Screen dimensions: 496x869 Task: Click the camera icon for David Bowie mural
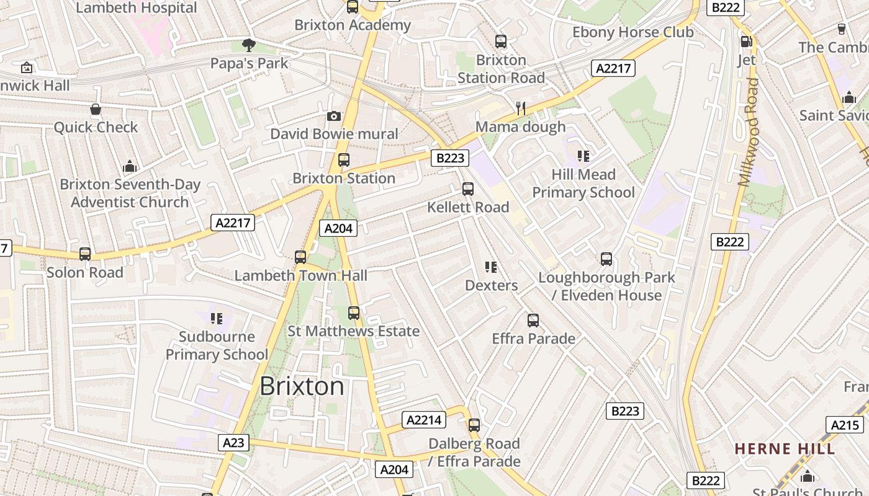pyautogui.click(x=334, y=116)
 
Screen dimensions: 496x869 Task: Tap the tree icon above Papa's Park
pyautogui.click(x=249, y=45)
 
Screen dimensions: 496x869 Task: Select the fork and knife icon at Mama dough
pyautogui.click(x=521, y=108)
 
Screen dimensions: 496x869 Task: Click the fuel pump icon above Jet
pyautogui.click(x=746, y=42)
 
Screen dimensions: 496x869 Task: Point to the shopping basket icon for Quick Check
pyautogui.click(x=96, y=110)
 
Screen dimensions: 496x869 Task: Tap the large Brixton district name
pyautogui.click(x=302, y=386)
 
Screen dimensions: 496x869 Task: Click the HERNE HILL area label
pyautogui.click(x=785, y=448)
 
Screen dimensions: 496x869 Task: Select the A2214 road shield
pyautogui.click(x=424, y=420)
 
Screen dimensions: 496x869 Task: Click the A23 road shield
pyautogui.click(x=233, y=442)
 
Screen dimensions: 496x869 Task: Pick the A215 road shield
pyautogui.click(x=845, y=425)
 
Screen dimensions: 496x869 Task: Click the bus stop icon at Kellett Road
pyautogui.click(x=468, y=189)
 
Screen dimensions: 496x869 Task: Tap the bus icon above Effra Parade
pyautogui.click(x=533, y=321)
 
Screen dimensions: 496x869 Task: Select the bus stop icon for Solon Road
pyautogui.click(x=85, y=254)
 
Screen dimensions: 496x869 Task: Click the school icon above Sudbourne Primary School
pyautogui.click(x=217, y=319)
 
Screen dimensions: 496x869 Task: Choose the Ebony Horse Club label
pyautogui.click(x=633, y=32)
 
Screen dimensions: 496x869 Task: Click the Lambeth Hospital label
pyautogui.click(x=136, y=8)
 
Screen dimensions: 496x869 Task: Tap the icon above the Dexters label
pyautogui.click(x=491, y=267)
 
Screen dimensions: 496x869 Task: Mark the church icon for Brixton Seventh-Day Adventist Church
pyautogui.click(x=130, y=166)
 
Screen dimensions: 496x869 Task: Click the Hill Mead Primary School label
pyautogui.click(x=583, y=184)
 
